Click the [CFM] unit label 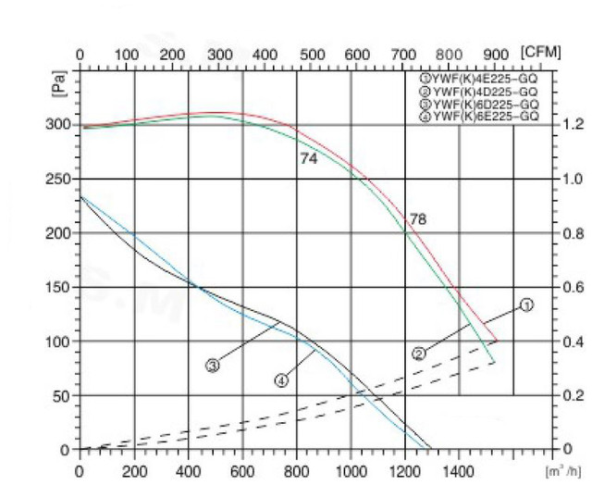point(541,52)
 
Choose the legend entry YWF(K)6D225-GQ point(483,105)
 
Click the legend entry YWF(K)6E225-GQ point(483,117)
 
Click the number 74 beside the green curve point(309,158)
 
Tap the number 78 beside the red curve point(417,219)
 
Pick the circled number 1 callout point(526,304)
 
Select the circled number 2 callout point(419,353)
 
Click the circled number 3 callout point(213,366)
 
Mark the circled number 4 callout point(282,379)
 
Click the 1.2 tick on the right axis point(574,125)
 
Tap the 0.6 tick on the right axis point(574,287)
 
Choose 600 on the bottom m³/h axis point(242,471)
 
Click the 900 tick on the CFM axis point(497,54)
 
